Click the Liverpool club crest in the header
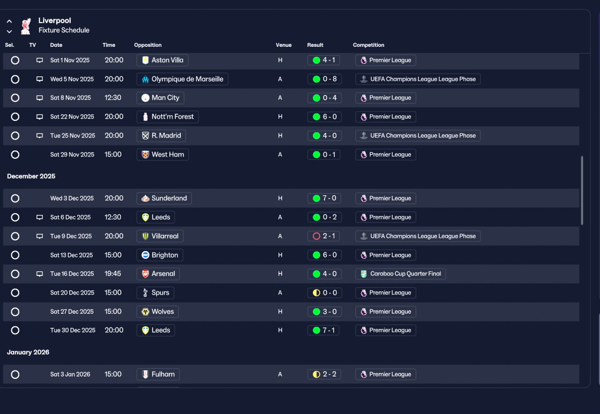tap(26, 26)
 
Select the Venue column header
tap(284, 45)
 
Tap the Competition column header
tap(368, 45)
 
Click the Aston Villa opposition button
tap(162, 60)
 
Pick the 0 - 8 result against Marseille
tap(325, 79)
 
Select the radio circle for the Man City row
tap(15, 98)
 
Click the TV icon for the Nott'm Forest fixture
tap(40, 117)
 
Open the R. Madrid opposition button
tap(161, 136)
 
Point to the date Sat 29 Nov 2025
tap(72, 155)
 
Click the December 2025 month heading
tap(31, 176)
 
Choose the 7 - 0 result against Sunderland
tap(324, 198)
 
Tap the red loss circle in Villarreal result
tap(316, 236)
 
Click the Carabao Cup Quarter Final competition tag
tap(400, 274)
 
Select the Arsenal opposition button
tap(158, 274)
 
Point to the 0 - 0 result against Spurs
tap(325, 293)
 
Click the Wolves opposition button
tap(157, 311)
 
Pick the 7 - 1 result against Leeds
tap(323, 330)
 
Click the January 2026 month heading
tap(28, 352)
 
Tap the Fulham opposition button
tap(158, 374)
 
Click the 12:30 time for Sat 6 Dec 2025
tap(113, 217)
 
